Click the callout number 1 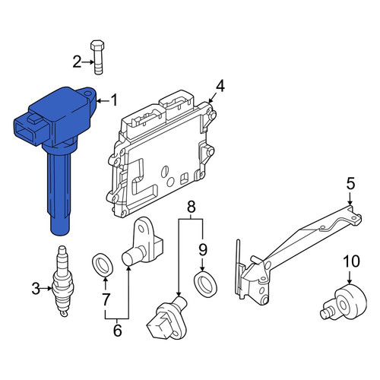[x=115, y=100]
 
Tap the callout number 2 [x=77, y=62]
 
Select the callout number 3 [x=36, y=289]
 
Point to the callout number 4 [x=220, y=86]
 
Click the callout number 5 [x=350, y=184]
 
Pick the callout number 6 [x=117, y=331]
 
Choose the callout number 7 [x=106, y=299]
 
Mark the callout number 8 [x=192, y=207]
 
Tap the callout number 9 [x=203, y=250]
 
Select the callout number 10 [x=351, y=261]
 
